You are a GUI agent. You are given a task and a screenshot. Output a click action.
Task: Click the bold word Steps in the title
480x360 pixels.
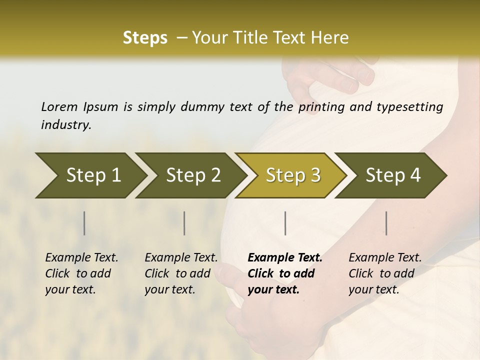click(145, 38)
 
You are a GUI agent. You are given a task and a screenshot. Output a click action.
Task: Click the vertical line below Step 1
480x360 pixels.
click(84, 223)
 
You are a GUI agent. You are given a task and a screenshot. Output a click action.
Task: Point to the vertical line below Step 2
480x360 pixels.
click(184, 223)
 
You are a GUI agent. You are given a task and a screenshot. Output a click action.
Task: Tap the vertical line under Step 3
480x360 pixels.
click(285, 223)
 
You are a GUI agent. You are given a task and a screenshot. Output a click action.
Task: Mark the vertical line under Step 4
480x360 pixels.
click(386, 223)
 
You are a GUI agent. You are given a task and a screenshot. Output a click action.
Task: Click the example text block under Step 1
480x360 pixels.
click(81, 273)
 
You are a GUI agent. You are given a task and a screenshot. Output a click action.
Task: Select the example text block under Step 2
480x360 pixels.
click(181, 273)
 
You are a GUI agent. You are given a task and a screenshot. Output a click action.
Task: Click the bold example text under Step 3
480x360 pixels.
click(285, 273)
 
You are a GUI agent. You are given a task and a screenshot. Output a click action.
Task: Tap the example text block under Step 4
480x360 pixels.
click(385, 273)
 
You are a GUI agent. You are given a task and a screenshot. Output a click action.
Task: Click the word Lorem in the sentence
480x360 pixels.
click(59, 106)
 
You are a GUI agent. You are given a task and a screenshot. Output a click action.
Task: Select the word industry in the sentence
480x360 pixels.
click(66, 124)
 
